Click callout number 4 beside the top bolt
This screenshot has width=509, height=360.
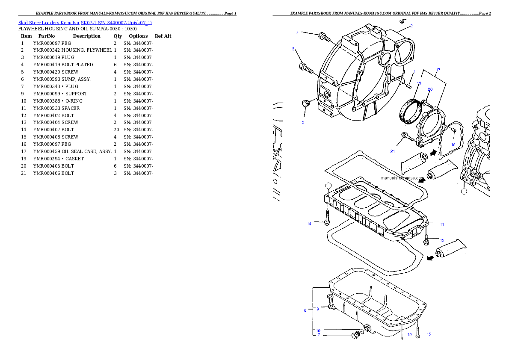pos(297,32)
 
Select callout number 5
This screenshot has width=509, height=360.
pos(294,49)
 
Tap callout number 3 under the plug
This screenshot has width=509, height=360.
pos(303,123)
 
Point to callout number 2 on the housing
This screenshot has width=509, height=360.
pos(411,26)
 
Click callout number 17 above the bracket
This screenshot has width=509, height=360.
pos(438,70)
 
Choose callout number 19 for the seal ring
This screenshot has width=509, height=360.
pos(419,83)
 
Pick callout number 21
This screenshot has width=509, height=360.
pos(393,151)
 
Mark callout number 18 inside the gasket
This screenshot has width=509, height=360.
pos(453,145)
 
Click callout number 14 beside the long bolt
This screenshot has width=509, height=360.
pos(309,224)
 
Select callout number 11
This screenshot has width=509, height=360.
pos(442,224)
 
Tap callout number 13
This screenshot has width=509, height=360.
pos(442,240)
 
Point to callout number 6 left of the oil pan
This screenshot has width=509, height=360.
pos(305,310)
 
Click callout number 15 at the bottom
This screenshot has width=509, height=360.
pos(429,334)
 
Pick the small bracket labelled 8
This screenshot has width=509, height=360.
pos(331,301)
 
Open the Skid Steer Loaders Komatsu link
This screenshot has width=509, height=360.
pos(85,22)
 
